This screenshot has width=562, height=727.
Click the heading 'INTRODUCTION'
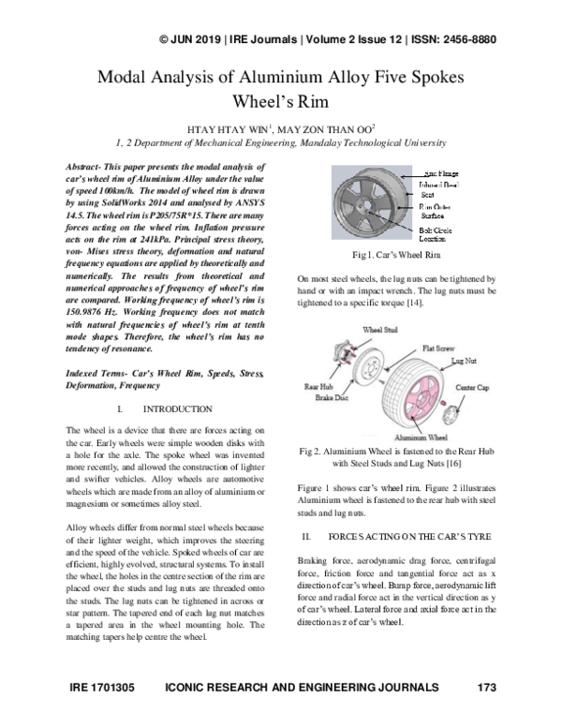coord(177,410)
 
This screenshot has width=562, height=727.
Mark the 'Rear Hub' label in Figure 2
coord(319,385)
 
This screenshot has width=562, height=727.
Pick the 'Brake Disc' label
coord(333,396)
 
